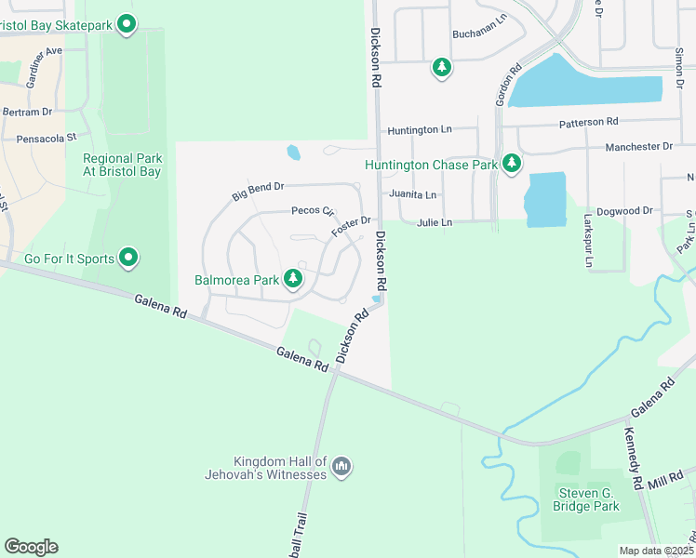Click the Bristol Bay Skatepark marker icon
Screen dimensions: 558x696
click(x=128, y=25)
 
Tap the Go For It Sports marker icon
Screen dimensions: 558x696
click(x=128, y=258)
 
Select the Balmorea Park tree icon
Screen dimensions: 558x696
click(x=293, y=278)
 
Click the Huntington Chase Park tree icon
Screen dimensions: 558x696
click(x=511, y=164)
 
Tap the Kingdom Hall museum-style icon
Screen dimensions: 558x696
click(x=341, y=465)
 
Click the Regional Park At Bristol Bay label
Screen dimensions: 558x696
click(x=122, y=165)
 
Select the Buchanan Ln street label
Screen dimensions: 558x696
click(x=478, y=33)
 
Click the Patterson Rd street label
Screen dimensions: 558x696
click(x=588, y=122)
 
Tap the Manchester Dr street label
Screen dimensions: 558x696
click(x=638, y=147)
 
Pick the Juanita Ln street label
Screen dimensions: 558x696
click(x=413, y=195)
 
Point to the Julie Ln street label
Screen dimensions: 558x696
click(x=435, y=223)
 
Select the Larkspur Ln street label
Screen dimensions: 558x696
click(x=588, y=244)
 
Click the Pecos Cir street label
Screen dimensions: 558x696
click(x=313, y=211)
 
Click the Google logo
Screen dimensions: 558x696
click(x=31, y=547)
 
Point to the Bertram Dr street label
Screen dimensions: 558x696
click(x=28, y=112)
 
